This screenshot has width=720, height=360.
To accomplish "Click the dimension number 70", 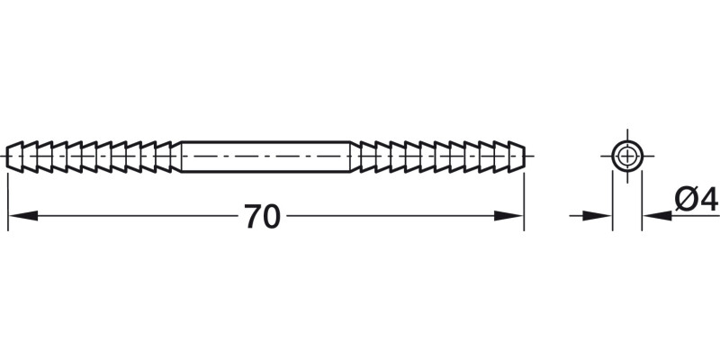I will [x=262, y=217].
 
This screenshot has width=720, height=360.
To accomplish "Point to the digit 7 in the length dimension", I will [x=252, y=217].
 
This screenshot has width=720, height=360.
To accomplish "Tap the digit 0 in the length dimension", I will [x=272, y=217].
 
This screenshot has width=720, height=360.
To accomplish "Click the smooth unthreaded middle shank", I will [x=266, y=157].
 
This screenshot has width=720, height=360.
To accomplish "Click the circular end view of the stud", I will [x=626, y=156].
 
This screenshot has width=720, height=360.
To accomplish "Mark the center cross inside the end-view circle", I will [x=626, y=156].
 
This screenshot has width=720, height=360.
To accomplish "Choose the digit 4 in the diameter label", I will [x=709, y=199].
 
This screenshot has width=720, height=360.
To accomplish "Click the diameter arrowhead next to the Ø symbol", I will [x=655, y=216].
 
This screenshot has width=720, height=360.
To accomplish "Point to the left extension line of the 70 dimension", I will [x=8, y=198].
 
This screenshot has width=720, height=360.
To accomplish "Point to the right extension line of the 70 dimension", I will [x=524, y=198].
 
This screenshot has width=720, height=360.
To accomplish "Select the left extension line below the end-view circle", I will [x=613, y=202].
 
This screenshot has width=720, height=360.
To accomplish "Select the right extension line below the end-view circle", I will [x=641, y=202].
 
